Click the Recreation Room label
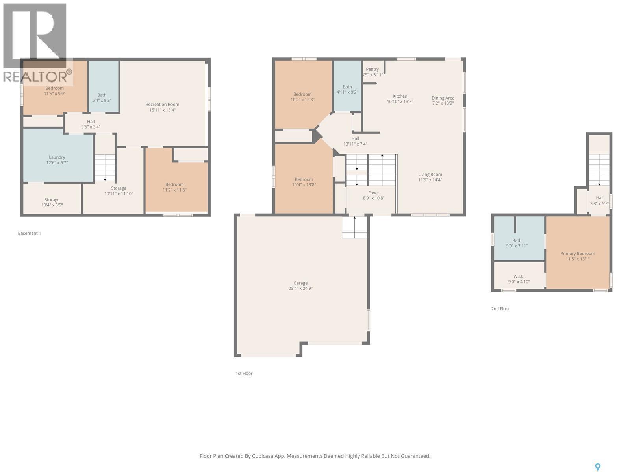click(x=162, y=104)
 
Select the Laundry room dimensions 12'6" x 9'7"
click(x=57, y=162)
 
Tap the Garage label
click(x=300, y=283)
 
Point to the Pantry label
click(x=372, y=69)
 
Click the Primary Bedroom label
click(x=578, y=253)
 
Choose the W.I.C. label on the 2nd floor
click(x=519, y=276)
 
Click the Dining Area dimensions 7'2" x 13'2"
click(x=443, y=103)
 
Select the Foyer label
click(x=374, y=193)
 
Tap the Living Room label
click(x=430, y=174)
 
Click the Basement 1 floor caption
click(x=30, y=233)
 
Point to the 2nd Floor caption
click(x=500, y=309)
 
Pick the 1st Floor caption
click(x=244, y=374)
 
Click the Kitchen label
click(x=400, y=96)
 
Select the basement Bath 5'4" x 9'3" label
click(x=102, y=98)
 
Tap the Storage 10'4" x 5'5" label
click(x=52, y=202)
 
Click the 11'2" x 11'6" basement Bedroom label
click(x=174, y=187)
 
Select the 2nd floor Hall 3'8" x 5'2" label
click(x=599, y=201)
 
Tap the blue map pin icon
click(x=598, y=467)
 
